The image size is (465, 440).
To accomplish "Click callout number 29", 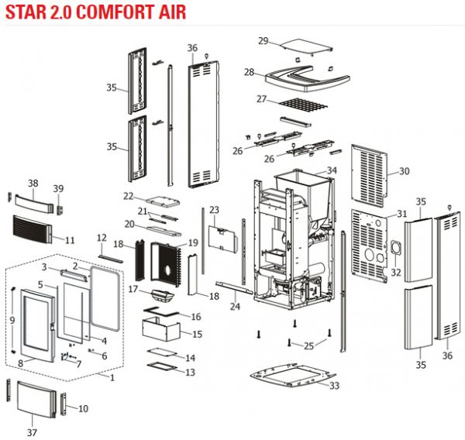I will pyautogui.click(x=263, y=40).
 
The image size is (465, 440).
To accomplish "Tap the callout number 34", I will pyautogui.click(x=332, y=170).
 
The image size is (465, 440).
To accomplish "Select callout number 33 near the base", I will pyautogui.click(x=334, y=386).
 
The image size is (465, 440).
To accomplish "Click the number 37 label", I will pyautogui.click(x=32, y=431).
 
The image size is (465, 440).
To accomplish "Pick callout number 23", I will pyautogui.click(x=215, y=210).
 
